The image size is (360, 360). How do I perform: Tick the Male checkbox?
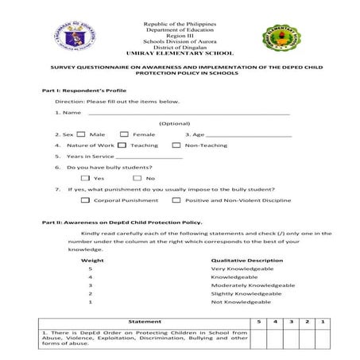pos(82,134)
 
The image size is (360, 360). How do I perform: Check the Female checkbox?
pos(125,134)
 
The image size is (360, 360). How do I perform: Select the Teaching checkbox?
pos(122,145)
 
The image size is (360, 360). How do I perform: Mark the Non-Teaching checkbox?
pos(176,145)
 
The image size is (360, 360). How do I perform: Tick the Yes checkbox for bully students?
pos(85,178)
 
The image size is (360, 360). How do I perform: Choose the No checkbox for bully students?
pos(137,178)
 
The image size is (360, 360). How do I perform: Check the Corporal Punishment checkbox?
pos(86,200)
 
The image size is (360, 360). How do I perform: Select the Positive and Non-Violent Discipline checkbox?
pos(176,200)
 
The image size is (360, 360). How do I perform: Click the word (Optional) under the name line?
pos(175,123)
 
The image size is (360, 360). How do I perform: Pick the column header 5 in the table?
pos(257,321)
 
